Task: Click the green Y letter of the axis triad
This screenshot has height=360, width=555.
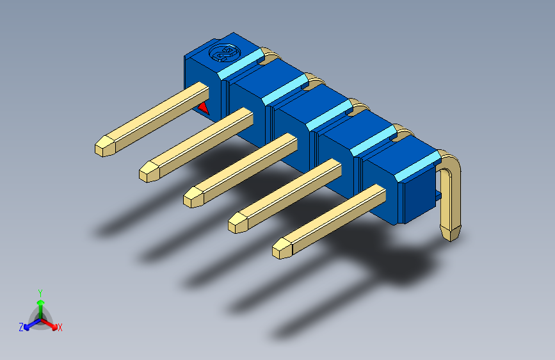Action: (x=40, y=291)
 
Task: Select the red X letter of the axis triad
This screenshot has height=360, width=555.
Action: (x=60, y=328)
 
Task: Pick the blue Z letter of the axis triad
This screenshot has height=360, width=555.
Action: (x=20, y=327)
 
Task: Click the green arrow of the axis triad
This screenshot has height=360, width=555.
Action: (x=40, y=304)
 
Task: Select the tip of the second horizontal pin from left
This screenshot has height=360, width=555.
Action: (x=148, y=172)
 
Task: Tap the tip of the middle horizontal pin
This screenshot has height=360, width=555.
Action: (x=192, y=197)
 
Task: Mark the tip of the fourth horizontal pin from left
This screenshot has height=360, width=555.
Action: (x=237, y=223)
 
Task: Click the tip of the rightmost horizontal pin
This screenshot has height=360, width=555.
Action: (x=281, y=249)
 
